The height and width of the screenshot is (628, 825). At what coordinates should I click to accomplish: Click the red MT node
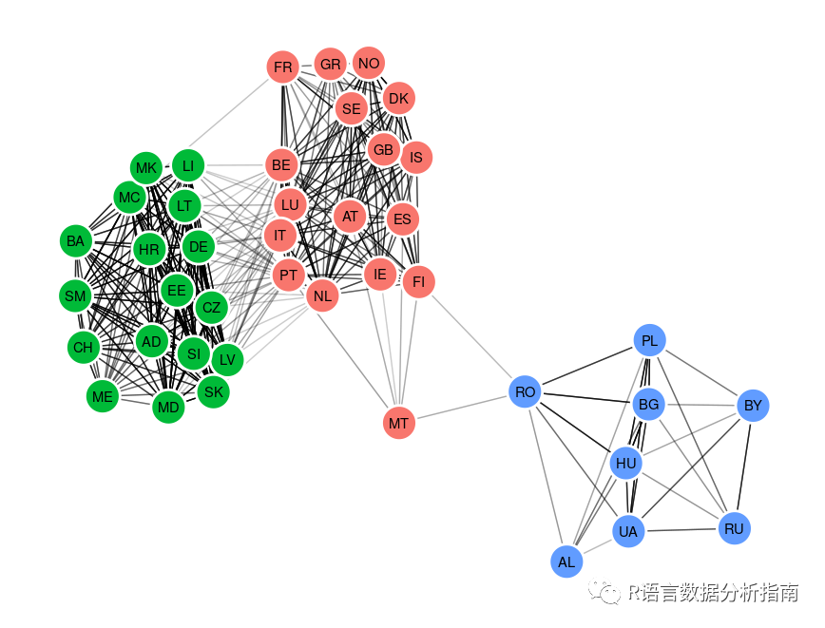(x=399, y=422)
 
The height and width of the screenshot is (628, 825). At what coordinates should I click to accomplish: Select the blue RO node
(x=525, y=391)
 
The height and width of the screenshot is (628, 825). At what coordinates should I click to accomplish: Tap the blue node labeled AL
(x=566, y=561)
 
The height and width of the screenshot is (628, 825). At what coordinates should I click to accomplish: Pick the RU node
(x=734, y=528)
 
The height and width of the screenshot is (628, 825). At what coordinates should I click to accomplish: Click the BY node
(x=753, y=406)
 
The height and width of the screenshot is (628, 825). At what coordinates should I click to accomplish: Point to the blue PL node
(x=650, y=340)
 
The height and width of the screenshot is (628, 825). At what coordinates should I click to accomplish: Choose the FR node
(x=283, y=67)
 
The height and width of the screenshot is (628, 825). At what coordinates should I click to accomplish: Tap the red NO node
(x=369, y=64)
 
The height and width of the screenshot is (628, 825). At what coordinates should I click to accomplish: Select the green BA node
(x=76, y=241)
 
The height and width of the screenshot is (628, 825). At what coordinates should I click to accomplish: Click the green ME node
(x=103, y=396)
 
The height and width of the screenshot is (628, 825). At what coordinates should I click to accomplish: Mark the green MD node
(x=168, y=408)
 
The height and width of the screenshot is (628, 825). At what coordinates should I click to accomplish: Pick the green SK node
(x=214, y=390)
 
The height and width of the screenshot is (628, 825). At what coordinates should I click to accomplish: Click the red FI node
(x=418, y=281)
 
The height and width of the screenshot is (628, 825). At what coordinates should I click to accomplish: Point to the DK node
(x=398, y=98)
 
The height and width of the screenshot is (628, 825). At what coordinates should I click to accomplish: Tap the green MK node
(x=146, y=169)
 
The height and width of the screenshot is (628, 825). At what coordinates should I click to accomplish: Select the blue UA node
(x=627, y=531)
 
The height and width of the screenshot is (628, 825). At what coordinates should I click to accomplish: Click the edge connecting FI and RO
(x=471, y=336)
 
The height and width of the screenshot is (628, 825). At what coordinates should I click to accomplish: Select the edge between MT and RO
(x=462, y=407)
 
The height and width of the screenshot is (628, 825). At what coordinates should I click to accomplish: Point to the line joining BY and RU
(x=743, y=466)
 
